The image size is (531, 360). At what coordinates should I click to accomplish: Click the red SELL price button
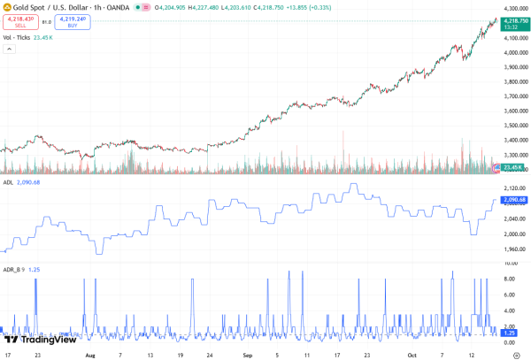(20, 21)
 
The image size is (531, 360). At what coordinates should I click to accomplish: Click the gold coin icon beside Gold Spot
(7, 7)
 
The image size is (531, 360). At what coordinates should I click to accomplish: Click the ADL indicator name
(9, 182)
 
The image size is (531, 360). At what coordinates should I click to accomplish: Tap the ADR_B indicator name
(12, 269)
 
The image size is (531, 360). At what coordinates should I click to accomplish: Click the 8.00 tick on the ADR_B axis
(508, 279)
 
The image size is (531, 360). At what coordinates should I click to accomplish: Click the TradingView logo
(39, 339)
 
